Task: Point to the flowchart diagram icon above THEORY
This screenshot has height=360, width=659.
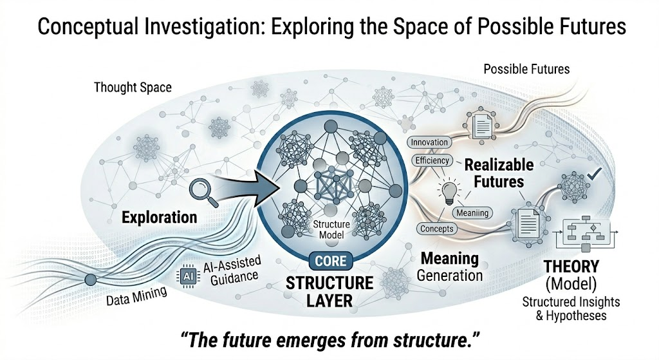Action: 588,234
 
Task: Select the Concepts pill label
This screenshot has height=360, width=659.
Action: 437,228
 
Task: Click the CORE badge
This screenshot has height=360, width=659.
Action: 330,261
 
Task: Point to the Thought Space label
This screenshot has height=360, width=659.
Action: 133,87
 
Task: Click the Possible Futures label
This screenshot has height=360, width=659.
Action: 526,68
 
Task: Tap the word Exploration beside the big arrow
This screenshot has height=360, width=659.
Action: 160,216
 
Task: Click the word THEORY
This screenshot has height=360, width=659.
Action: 571,266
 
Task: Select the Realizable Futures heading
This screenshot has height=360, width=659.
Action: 494,173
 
